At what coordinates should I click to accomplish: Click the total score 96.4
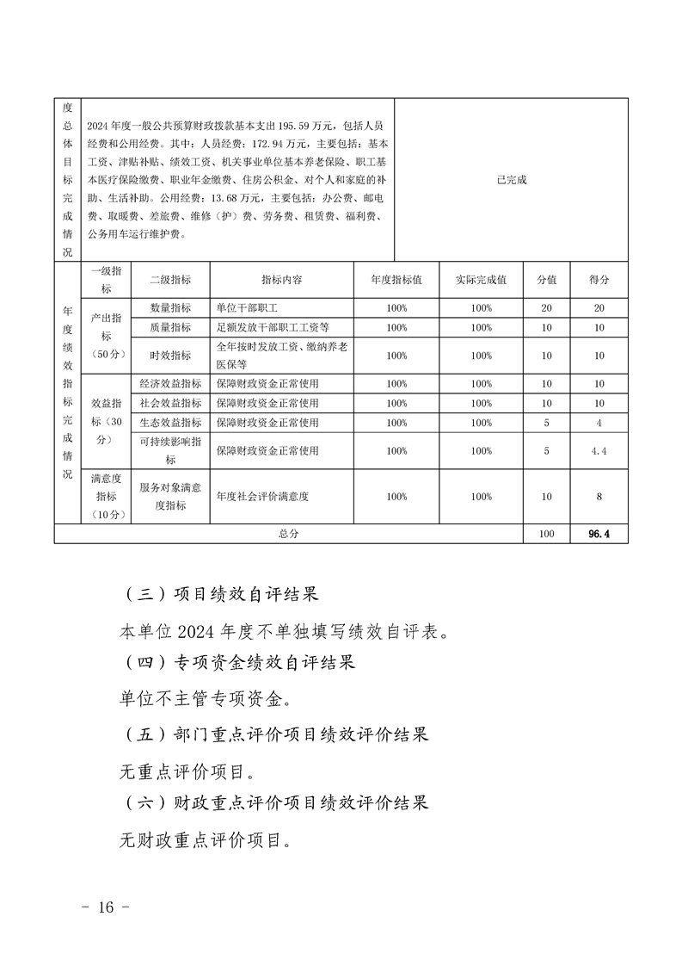(599, 534)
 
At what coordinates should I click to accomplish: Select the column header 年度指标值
(396, 280)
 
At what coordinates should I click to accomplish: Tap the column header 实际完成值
(482, 280)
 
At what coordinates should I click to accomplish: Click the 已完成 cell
(511, 180)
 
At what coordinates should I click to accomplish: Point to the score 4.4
(599, 450)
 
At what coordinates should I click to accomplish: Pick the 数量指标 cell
(170, 308)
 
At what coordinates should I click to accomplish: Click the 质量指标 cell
(170, 327)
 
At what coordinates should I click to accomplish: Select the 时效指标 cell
(170, 356)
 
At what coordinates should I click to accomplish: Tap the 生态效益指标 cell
(170, 423)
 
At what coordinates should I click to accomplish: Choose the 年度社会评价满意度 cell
(262, 497)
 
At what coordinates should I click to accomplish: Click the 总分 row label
(288, 534)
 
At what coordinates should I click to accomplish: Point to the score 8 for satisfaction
(599, 497)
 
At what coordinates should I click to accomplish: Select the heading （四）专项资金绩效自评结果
(240, 663)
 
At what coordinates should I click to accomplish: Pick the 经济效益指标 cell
(170, 384)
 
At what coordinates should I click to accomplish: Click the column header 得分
(599, 280)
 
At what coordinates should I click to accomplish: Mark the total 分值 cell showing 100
(546, 534)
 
